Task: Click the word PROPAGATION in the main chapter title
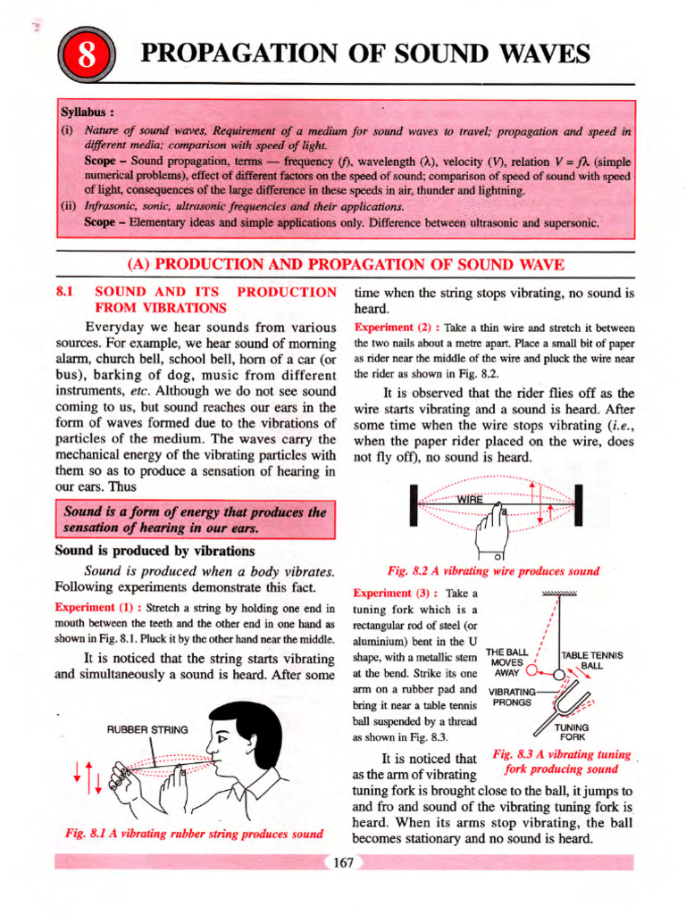(234, 56)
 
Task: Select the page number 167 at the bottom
(343, 863)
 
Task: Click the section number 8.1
(68, 292)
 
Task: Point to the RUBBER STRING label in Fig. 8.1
(147, 729)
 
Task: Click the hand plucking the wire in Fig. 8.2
(490, 534)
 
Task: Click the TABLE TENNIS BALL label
(591, 661)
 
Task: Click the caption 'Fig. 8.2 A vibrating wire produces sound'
(493, 570)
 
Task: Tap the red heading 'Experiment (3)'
(387, 593)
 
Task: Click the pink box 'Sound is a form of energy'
(194, 519)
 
